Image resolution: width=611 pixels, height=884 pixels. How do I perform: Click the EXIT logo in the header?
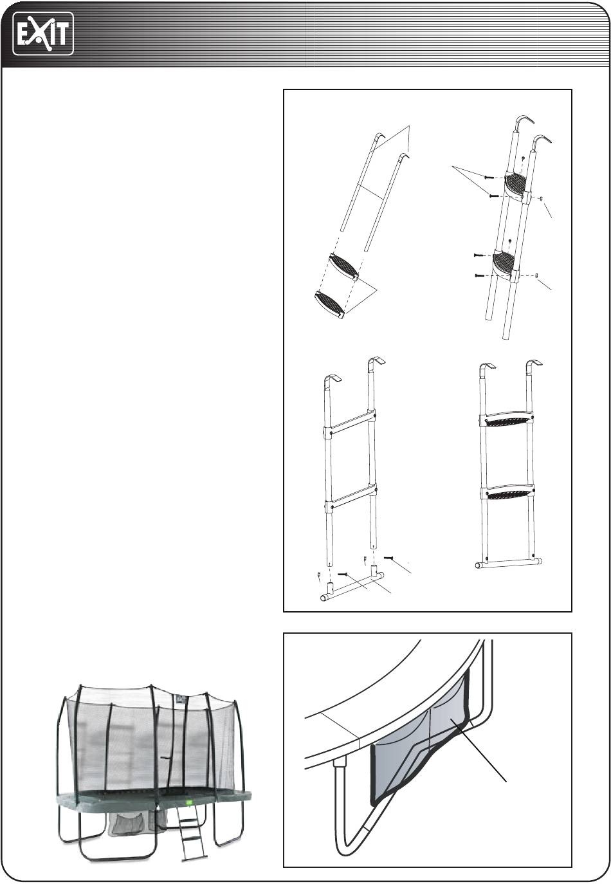tap(43, 33)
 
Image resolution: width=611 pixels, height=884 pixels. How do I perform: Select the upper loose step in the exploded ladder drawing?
tap(344, 266)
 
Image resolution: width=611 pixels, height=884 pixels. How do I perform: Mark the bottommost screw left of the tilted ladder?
tap(479, 275)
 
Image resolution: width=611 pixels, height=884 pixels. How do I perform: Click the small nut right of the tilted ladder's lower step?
tap(538, 275)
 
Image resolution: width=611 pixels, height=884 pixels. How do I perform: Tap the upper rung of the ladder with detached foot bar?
tap(351, 425)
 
